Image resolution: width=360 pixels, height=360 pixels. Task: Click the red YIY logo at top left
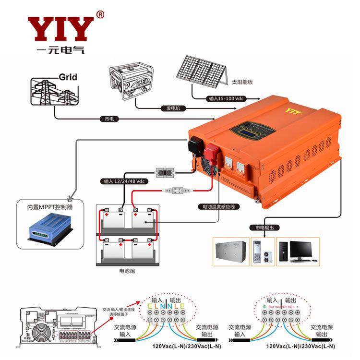60,29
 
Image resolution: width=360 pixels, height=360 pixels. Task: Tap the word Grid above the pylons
68,77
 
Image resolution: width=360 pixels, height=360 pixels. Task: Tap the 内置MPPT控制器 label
50,207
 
